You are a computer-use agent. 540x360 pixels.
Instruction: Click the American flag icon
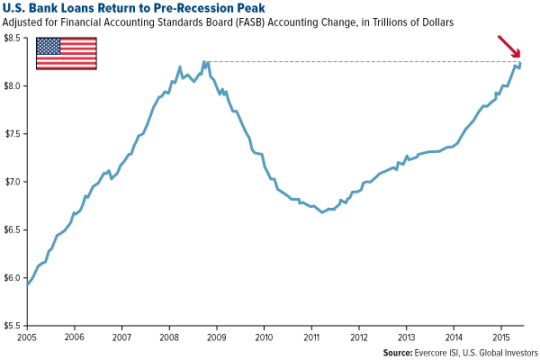(66, 54)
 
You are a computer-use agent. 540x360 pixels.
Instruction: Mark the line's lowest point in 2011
(321, 212)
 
